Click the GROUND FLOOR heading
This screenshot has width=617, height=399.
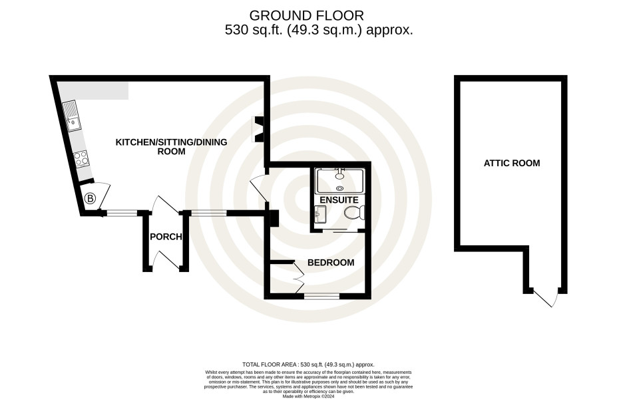pos(307,16)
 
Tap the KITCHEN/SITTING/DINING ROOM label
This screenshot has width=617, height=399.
pos(171,146)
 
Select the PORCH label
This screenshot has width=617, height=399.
pos(166,237)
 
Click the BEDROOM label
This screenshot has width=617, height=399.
pos(331,263)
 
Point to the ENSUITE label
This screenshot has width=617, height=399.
pos(339,200)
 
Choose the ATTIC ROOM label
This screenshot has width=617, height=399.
pos(512,163)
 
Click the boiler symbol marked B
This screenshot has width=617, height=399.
pos(91,199)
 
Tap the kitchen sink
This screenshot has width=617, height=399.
pos(71,116)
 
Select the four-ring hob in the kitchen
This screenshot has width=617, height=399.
pos(82,159)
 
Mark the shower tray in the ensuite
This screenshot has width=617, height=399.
pos(340,180)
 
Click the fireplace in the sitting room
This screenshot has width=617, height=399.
pos(259,129)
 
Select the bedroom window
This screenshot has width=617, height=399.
pos(322,296)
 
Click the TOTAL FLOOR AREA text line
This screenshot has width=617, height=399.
pos(308,364)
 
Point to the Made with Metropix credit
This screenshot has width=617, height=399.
pos(308,396)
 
